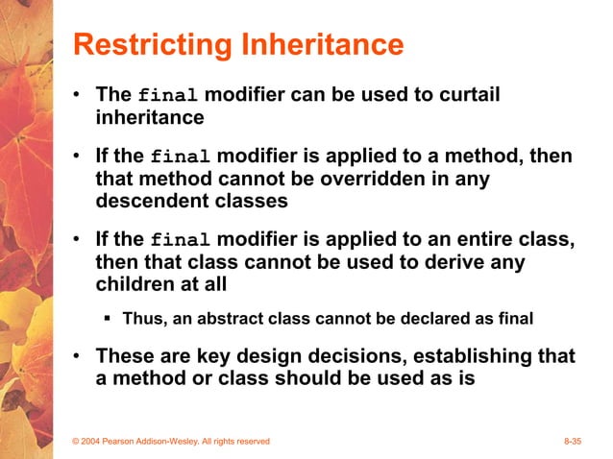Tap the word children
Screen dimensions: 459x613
click(133, 283)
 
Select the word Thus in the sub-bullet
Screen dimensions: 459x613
click(140, 318)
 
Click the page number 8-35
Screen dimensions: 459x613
click(573, 441)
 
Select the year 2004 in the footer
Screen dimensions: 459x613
click(94, 441)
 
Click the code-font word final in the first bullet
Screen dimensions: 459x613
click(168, 97)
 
